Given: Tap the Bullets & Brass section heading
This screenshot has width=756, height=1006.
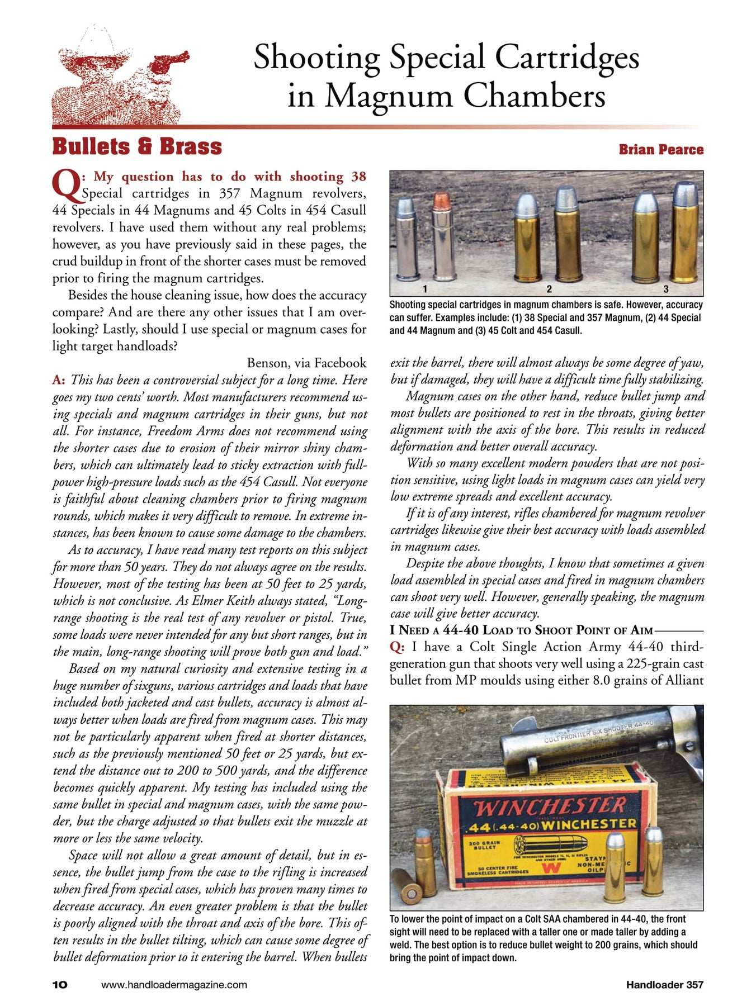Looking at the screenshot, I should [137, 147].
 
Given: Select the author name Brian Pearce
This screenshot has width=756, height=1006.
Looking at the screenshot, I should [661, 150].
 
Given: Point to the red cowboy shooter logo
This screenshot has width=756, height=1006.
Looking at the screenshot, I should [120, 78].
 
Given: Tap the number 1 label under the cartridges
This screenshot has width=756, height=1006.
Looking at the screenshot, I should [425, 289].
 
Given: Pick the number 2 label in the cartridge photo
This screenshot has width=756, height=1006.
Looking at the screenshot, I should [549, 289].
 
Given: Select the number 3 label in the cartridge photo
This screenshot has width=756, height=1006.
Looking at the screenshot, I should [665, 289].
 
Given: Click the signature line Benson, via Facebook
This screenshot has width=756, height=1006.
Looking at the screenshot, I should [306, 363].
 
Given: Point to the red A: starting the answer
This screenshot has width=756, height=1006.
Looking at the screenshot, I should [59, 380].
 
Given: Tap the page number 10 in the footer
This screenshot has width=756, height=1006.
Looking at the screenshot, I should [60, 985].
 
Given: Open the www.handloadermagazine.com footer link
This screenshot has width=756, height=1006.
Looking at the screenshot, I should [174, 985].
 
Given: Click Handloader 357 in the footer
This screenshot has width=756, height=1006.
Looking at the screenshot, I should [664, 985].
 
